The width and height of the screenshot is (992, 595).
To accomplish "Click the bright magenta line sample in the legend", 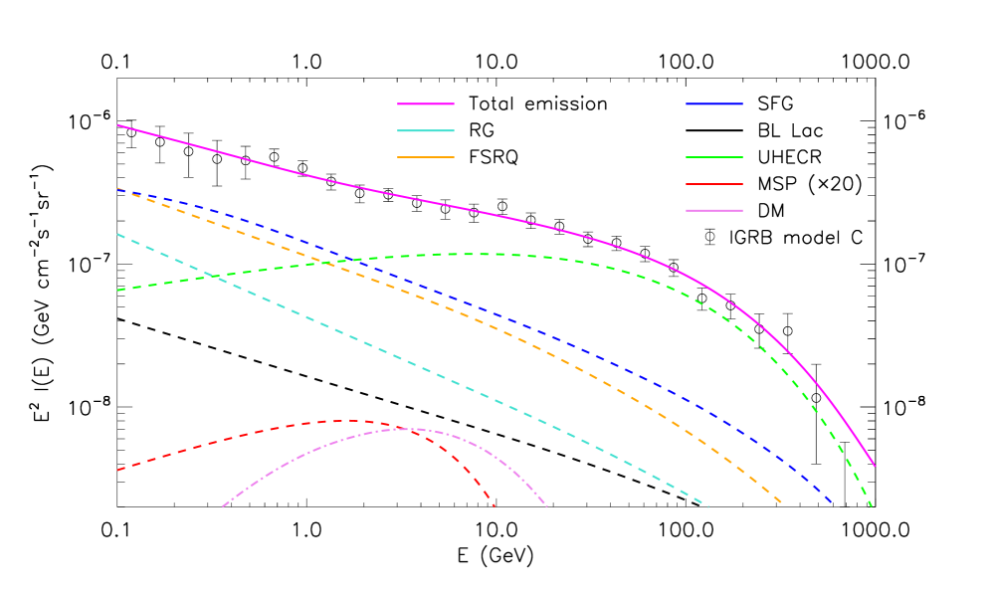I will coord(426,103).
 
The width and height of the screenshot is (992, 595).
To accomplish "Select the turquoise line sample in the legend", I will coord(426,130).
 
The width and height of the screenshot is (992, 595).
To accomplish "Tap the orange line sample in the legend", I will coord(426,157).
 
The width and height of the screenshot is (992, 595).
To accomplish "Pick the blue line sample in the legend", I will coord(714,103).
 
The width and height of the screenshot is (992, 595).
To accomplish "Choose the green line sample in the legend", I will coord(714,157).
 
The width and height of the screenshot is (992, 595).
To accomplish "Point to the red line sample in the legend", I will coord(714,184).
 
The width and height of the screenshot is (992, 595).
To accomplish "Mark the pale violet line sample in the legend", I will coord(714,211).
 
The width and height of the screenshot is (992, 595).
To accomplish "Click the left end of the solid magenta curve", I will coord(117,125).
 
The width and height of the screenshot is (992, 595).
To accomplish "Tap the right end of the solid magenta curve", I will coord(875,466).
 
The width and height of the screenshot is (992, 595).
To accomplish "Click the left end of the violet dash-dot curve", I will coord(222,507).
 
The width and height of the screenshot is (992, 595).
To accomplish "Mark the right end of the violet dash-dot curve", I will coord(547,507).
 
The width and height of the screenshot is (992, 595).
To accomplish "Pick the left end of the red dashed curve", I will coord(117,470).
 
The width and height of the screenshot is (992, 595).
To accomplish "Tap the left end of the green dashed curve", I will coord(117,291).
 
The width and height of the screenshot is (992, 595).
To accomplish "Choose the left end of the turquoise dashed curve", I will coord(117,234).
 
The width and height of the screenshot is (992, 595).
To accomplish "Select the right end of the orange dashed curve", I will coord(782,503).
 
